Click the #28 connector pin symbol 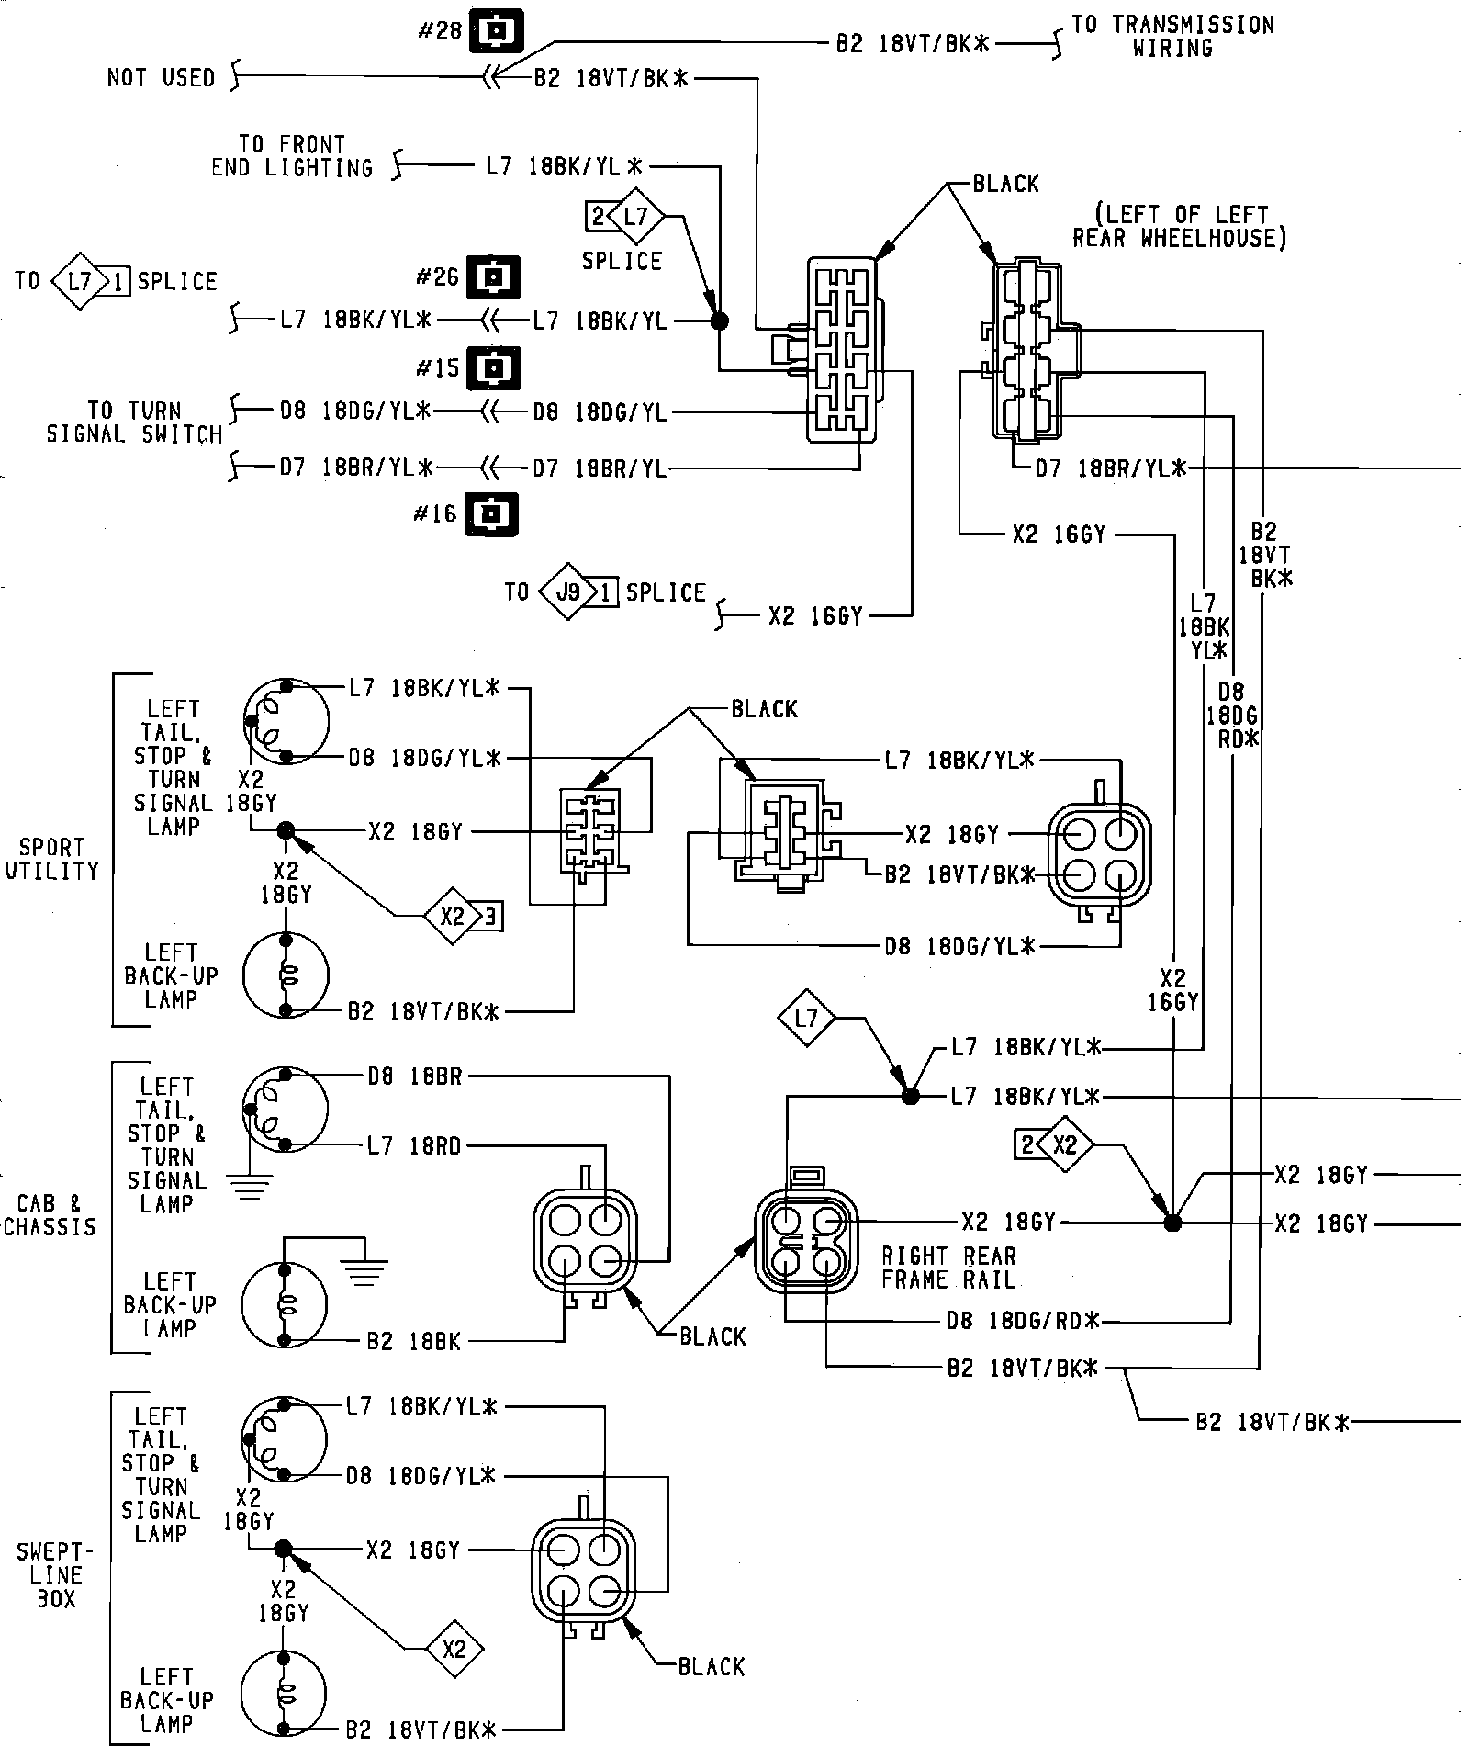(x=496, y=31)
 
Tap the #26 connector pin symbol (x=493, y=276)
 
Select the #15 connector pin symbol (x=493, y=368)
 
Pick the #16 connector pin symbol (x=491, y=514)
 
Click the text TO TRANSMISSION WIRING (x=1172, y=36)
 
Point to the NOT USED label (x=161, y=78)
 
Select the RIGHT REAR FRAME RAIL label (x=948, y=1268)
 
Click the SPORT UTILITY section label (x=51, y=859)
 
